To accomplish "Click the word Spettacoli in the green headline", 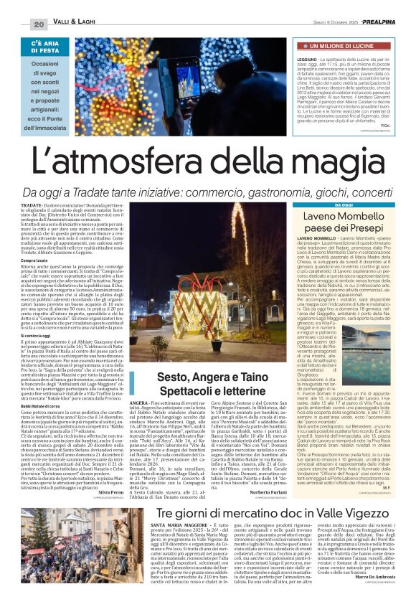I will [187, 391].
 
